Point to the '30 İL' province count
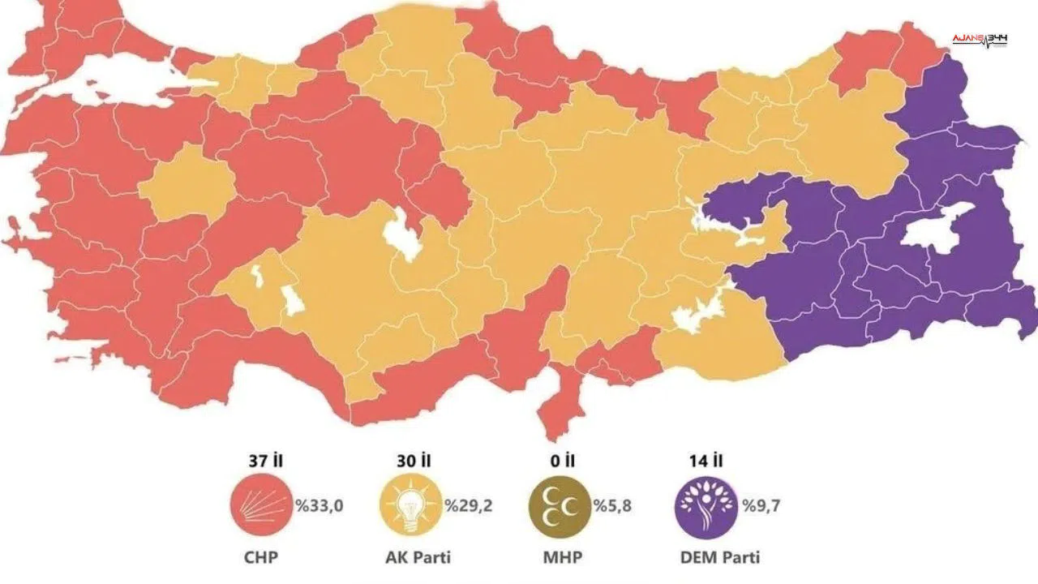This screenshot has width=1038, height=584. pos(414,461)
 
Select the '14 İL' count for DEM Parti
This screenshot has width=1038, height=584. pos(706,461)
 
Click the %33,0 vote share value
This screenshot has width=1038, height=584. pos(320,507)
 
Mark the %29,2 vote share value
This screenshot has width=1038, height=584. pos(469,507)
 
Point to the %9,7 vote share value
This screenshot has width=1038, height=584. pos(760,507)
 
